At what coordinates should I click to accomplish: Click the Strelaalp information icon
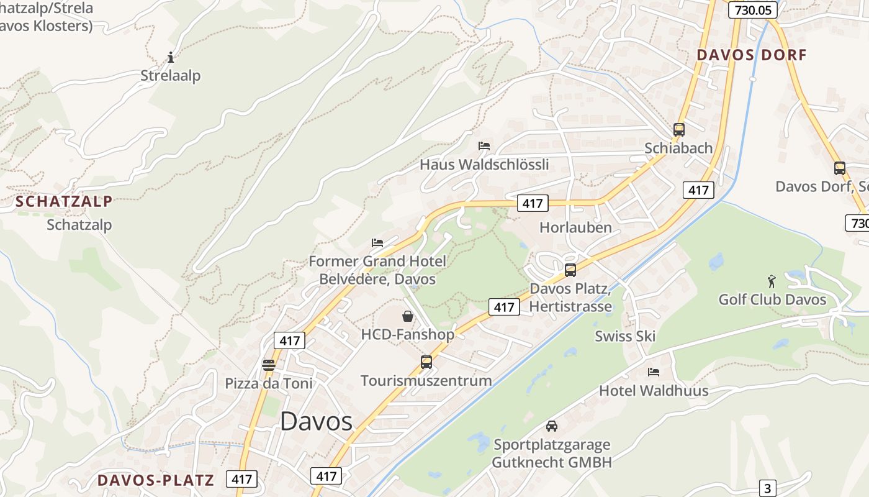coord(171,58)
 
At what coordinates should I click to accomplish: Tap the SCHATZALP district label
coord(64,201)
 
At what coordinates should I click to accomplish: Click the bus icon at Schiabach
coord(678,130)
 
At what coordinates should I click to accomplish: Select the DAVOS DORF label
coord(751,55)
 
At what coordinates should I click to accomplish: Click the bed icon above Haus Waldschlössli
coord(484,146)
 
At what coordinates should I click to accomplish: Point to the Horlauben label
coord(575,227)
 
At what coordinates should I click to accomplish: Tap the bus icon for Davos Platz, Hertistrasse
coord(570,270)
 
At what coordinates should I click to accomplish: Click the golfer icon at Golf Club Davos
coord(772,281)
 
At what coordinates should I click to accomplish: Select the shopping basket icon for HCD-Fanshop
coord(408,316)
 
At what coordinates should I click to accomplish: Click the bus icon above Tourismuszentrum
coord(426,362)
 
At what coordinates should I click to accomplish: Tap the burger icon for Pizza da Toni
coord(268,365)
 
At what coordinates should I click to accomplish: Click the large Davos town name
coord(316,421)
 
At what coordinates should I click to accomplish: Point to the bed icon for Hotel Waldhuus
coord(653,372)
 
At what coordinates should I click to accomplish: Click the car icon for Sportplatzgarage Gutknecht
coord(551,426)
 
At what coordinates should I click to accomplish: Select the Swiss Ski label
coord(624,336)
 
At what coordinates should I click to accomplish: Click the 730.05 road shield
coord(752,10)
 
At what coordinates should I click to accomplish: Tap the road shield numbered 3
coord(768,488)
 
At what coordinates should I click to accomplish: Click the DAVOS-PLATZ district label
coord(155,480)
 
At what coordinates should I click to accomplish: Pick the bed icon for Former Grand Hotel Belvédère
coord(377,242)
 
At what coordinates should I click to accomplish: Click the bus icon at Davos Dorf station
coord(839,168)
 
